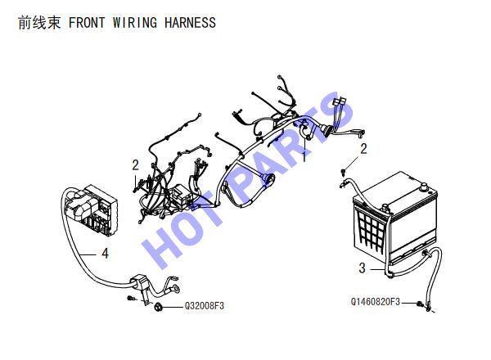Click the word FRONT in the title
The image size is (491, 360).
click(87, 23)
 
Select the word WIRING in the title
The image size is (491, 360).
click(135, 23)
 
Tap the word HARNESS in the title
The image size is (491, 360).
click(190, 23)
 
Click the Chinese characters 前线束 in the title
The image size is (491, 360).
click(39, 23)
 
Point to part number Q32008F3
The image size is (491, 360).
click(204, 305)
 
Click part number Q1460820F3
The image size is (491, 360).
click(376, 302)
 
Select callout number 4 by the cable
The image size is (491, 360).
click(106, 254)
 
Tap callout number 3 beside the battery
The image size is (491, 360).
click(362, 268)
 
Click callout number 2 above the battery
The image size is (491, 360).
click(363, 149)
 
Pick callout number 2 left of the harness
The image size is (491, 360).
click(135, 165)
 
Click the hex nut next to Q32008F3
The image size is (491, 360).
click(158, 307)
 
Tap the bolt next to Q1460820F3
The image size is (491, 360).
click(420, 304)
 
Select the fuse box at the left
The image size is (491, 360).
click(92, 209)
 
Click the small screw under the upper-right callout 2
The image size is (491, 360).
click(344, 171)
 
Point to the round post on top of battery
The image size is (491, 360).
click(423, 187)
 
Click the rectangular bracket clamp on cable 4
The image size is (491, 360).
click(141, 282)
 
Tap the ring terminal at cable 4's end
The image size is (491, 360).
click(175, 288)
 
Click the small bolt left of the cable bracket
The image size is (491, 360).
click(132, 298)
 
